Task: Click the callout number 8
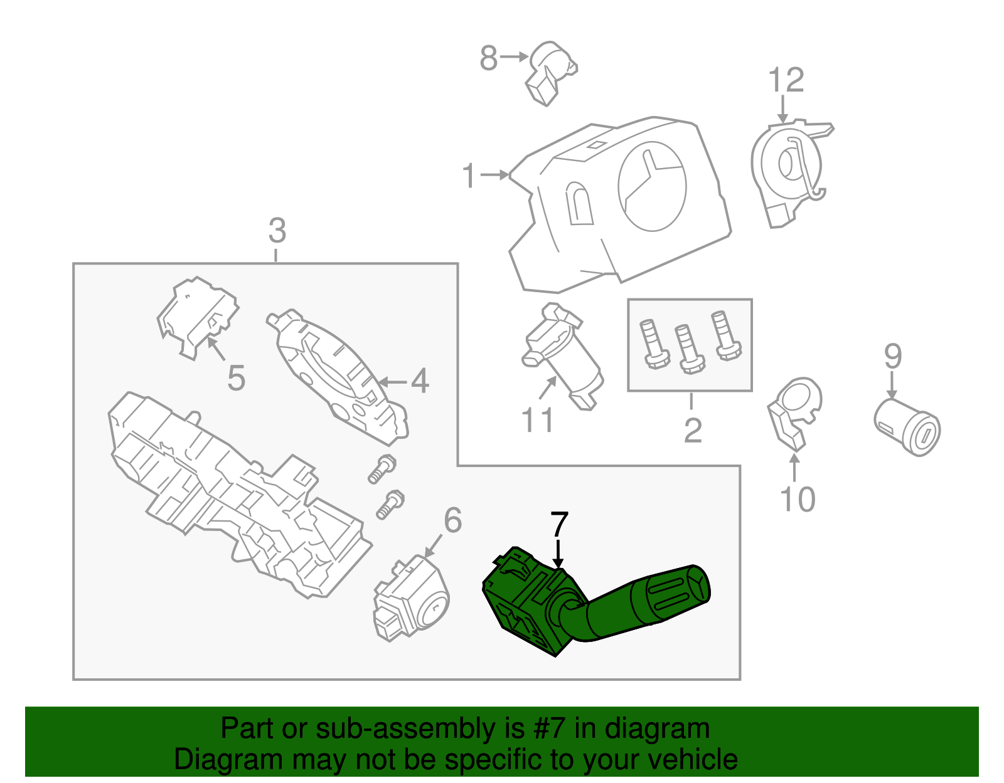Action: pyautogui.click(x=488, y=58)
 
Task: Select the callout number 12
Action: pyautogui.click(x=786, y=80)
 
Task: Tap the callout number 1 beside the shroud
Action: pyautogui.click(x=469, y=176)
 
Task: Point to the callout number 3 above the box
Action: pyautogui.click(x=277, y=231)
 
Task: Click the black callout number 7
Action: pyautogui.click(x=558, y=524)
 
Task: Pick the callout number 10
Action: pyautogui.click(x=797, y=500)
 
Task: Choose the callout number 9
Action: pyautogui.click(x=892, y=356)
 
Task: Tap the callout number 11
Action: pyautogui.click(x=538, y=420)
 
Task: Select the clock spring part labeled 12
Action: pyautogui.click(x=788, y=169)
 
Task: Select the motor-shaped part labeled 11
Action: pyautogui.click(x=562, y=354)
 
